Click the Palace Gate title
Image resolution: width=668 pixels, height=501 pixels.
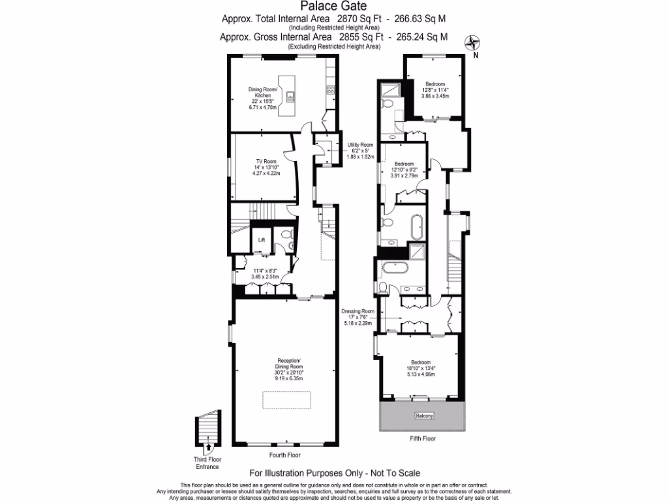pos(333,7)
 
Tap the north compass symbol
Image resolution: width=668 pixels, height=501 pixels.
pos(472,44)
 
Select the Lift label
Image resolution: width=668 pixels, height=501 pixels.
pos(262,239)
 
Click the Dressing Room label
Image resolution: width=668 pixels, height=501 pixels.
pos(359,311)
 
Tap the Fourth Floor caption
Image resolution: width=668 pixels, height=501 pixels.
pos(286,455)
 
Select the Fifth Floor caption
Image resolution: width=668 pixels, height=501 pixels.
pos(423,439)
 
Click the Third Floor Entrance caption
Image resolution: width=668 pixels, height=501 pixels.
pos(208,463)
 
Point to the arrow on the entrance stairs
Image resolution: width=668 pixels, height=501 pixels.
pos(208,448)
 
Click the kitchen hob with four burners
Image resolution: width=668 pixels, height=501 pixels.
pos(330,90)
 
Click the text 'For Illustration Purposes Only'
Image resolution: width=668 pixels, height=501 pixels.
pos(307,473)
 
